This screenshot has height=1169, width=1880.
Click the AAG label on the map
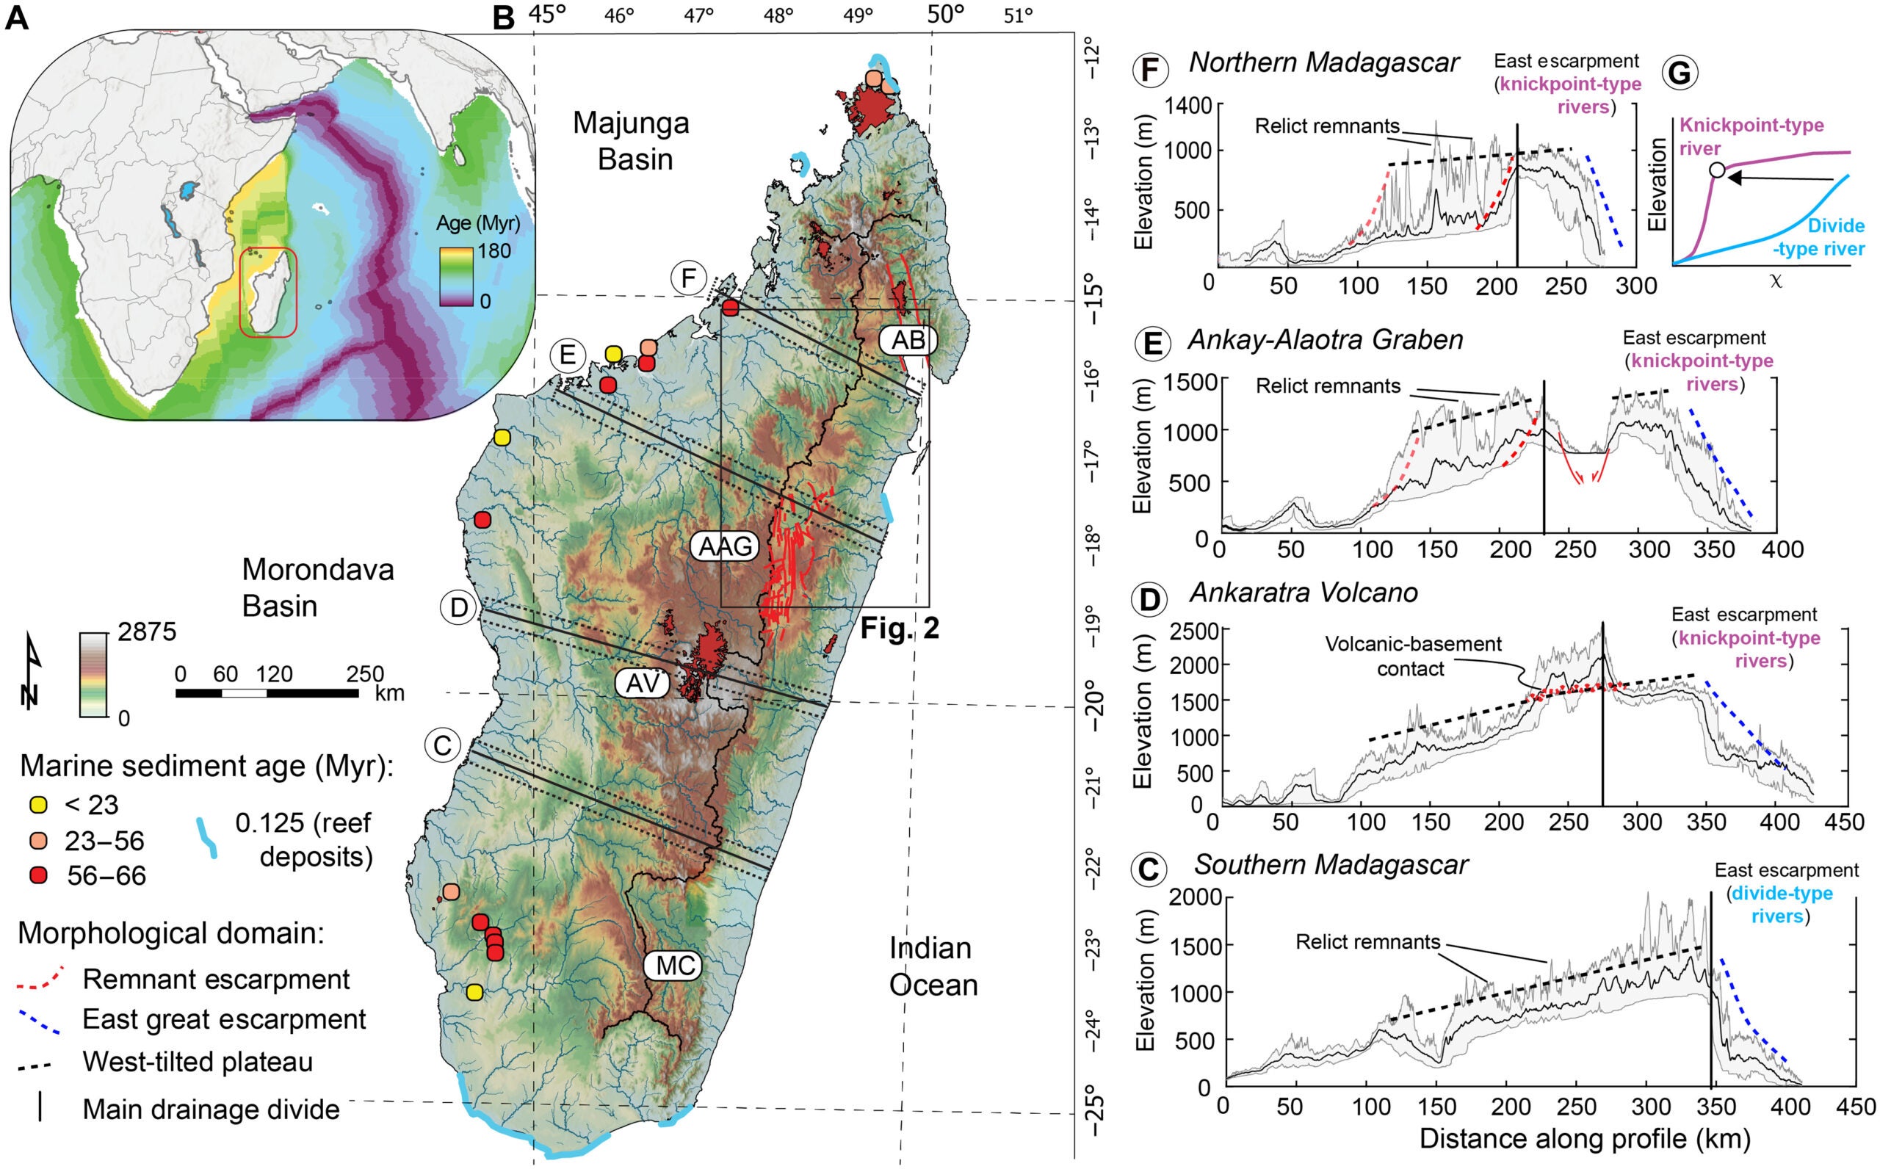point(725,546)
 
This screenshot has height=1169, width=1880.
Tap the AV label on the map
point(643,683)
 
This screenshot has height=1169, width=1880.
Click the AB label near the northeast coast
point(908,340)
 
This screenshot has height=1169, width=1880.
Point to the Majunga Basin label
point(632,141)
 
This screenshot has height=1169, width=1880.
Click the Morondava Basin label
point(318,587)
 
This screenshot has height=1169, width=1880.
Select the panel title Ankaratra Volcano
point(1304,593)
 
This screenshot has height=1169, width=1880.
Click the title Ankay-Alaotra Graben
point(1325,340)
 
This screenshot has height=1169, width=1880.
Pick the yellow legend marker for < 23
point(38,805)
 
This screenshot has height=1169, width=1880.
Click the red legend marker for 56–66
point(38,875)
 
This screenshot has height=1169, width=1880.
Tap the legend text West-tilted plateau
point(198,1062)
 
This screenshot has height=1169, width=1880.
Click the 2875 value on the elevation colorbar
point(147,632)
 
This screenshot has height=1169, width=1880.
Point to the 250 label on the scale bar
point(365,673)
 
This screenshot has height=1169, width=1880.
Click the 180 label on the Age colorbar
point(494,251)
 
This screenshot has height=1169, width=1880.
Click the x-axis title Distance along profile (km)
point(1585,1138)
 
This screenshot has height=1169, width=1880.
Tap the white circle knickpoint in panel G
point(1716,170)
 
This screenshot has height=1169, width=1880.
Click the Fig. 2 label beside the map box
point(900,629)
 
